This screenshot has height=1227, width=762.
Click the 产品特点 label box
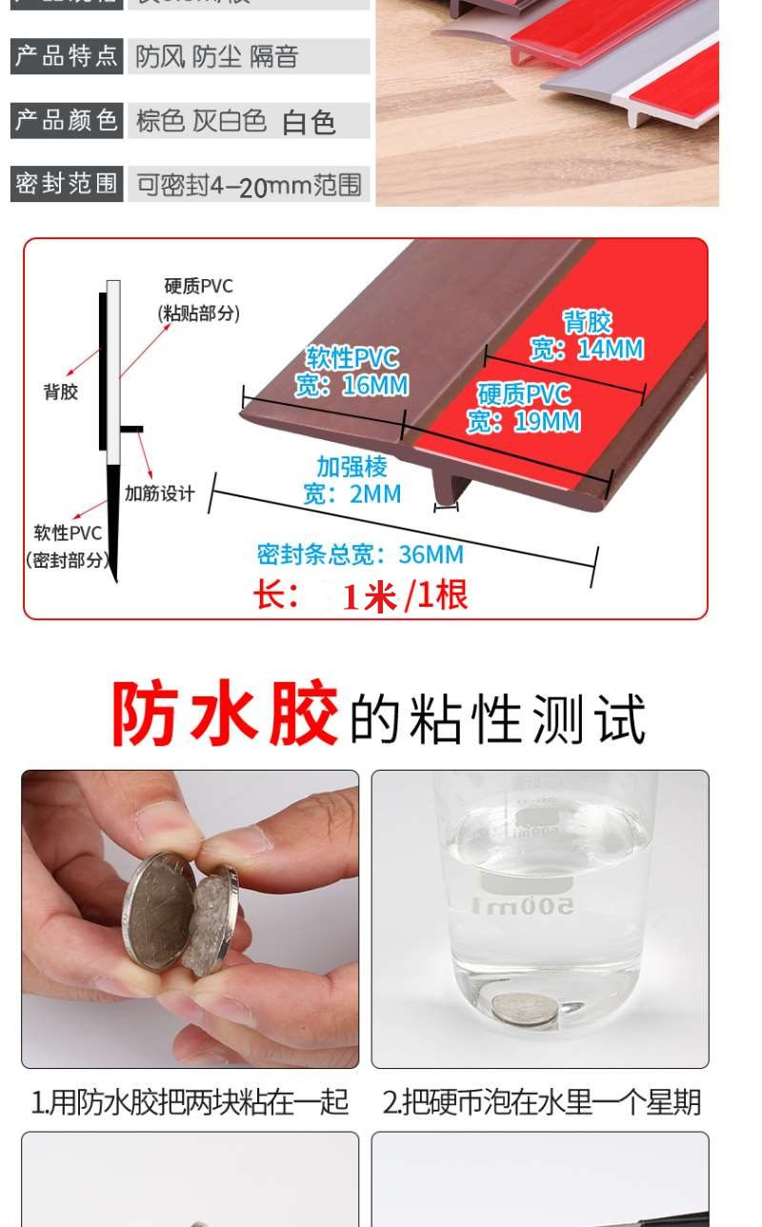67,55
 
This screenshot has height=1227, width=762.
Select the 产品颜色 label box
67,120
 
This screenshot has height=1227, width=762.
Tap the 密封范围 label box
67,183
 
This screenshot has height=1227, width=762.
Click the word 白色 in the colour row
309,122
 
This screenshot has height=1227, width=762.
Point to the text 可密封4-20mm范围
249,185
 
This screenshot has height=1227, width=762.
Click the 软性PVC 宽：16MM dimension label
351,372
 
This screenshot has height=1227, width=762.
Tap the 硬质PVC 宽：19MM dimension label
523,408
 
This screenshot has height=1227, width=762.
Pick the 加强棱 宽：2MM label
352,480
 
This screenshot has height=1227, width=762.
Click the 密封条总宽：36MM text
360,554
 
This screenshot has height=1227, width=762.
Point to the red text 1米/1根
405,596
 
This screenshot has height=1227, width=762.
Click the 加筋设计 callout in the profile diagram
159,493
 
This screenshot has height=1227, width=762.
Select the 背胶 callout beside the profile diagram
61,392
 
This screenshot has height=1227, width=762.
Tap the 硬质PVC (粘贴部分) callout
198,299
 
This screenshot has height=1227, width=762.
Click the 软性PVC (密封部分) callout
68,546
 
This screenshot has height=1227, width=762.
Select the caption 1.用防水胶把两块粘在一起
190,1102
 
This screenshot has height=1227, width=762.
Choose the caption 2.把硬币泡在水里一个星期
541,1102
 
